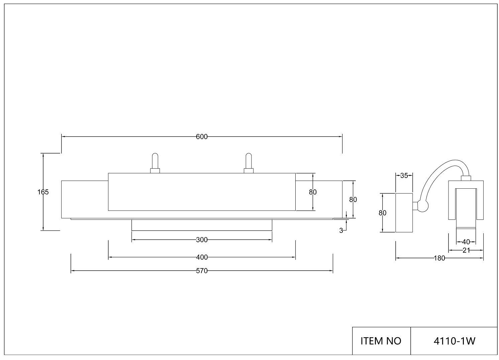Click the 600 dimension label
[202, 137]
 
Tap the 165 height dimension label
[43, 192]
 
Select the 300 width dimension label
[202, 240]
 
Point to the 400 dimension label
[202, 257]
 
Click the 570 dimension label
[202, 271]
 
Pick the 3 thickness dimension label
[341, 231]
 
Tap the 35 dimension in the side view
[404, 176]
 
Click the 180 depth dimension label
[439, 258]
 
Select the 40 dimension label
[466, 242]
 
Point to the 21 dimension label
[466, 250]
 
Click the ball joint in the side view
[423, 206]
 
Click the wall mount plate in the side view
[404, 213]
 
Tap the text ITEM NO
[381, 341]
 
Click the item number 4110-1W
[455, 341]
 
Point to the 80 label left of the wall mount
[383, 213]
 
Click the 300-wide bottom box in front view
[202, 225]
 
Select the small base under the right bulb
[248, 171]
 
